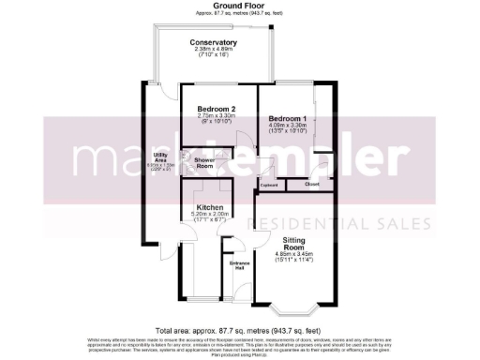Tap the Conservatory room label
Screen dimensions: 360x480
213,43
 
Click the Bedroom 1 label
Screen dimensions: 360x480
288,118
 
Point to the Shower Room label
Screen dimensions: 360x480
205,163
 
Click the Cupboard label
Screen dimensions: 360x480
270,186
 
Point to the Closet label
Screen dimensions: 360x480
312,184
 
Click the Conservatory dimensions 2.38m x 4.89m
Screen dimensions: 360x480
213,51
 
